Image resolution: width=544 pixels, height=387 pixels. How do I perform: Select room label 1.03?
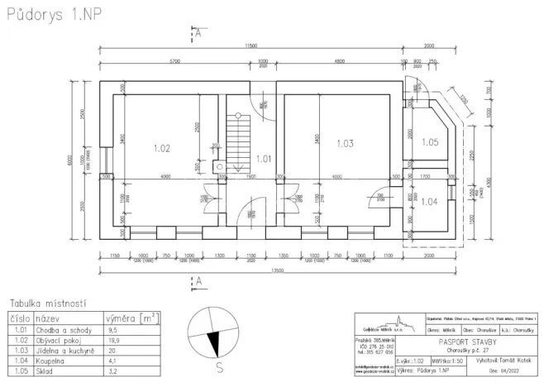point(345,143)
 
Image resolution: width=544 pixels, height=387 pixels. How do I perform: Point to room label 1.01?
point(263,157)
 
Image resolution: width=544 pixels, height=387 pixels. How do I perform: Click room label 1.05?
point(429,141)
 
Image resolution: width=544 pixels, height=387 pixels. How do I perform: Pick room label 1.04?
point(429,201)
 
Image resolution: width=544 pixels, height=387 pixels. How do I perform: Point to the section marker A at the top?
point(198,32)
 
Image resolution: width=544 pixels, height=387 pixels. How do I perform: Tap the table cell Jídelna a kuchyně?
point(65,350)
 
